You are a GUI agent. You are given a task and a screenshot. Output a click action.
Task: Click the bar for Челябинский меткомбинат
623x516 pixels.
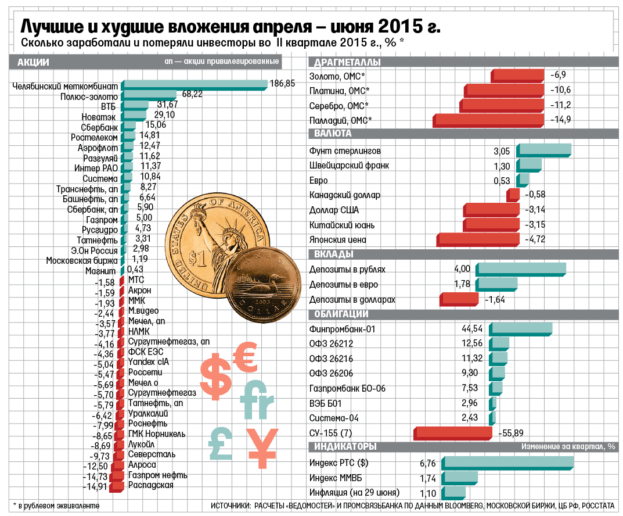(195, 85)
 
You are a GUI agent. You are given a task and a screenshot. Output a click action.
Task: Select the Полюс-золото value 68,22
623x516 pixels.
(192, 94)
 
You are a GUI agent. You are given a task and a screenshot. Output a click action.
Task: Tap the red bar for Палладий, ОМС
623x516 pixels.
(488, 120)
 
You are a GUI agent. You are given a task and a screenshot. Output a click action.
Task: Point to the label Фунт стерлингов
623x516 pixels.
(345, 151)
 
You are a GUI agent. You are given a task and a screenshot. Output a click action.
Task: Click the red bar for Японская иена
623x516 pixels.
(478, 240)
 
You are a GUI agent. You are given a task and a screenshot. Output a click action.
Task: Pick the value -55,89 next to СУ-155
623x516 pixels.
(511, 433)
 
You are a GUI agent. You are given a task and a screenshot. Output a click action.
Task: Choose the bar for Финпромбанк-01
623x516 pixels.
(520, 329)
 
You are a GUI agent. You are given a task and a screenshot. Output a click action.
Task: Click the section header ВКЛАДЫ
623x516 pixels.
(333, 255)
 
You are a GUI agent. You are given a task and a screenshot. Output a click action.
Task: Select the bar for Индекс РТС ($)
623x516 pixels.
(507, 463)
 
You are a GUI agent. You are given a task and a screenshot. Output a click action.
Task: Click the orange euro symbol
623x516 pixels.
(246, 356)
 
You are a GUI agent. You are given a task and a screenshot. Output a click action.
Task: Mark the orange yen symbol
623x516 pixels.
(262, 448)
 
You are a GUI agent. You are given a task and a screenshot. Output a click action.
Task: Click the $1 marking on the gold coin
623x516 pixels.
(197, 259)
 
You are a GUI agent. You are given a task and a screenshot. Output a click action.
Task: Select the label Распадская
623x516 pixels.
(150, 485)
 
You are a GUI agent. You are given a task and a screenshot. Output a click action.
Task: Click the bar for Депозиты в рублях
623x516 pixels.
(520, 270)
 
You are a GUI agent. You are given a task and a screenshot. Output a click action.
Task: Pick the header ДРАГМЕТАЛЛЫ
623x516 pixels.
(347, 62)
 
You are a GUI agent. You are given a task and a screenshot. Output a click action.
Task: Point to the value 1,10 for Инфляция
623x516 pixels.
(428, 494)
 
